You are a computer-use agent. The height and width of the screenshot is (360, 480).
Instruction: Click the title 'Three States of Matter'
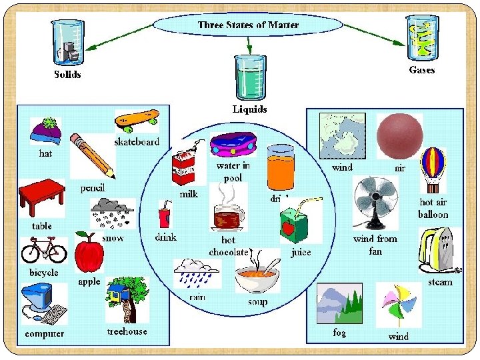tap(248, 25)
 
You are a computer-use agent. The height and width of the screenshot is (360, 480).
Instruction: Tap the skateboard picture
tap(137, 120)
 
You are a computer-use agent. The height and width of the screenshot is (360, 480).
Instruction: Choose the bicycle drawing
tap(44, 251)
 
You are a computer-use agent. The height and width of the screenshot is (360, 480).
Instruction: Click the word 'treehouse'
tap(127, 331)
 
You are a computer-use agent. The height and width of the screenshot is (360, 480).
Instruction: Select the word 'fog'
tap(339, 332)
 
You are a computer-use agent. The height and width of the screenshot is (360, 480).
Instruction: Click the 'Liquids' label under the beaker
tap(249, 109)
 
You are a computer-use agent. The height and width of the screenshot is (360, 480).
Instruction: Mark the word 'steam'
tap(440, 282)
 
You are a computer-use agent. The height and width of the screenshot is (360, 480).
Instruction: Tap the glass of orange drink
tap(281, 167)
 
